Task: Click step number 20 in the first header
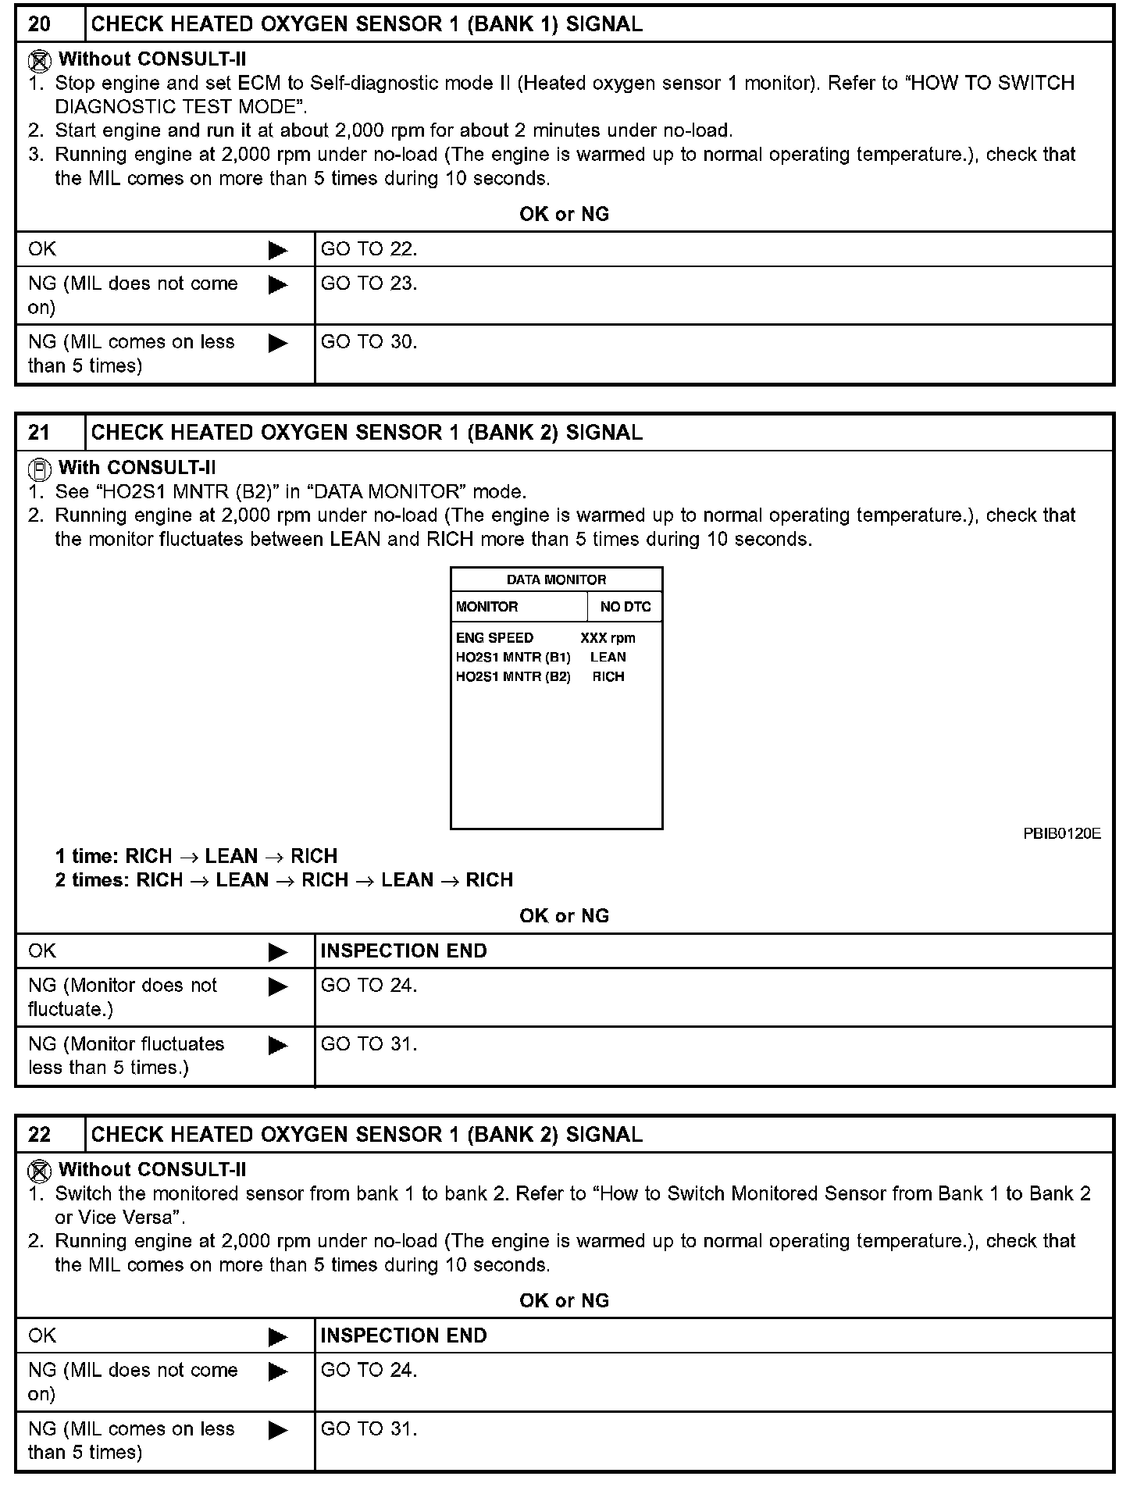coord(40,24)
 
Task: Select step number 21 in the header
coord(40,433)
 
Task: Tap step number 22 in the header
coord(40,1135)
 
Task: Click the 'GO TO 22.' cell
coord(369,249)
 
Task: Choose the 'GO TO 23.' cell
coord(369,283)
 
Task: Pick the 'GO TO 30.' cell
coord(369,342)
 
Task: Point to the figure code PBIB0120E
coord(1061,833)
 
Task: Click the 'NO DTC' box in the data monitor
coord(625,607)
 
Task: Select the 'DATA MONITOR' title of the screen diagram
coord(556,579)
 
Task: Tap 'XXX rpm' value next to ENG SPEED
coord(608,638)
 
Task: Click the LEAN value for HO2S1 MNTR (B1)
coord(608,658)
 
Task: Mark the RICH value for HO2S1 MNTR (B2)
coord(608,677)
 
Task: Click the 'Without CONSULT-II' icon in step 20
coord(40,60)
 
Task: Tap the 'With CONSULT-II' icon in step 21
coord(40,469)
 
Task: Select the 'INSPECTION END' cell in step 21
coord(404,951)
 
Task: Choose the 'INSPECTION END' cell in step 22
coord(404,1335)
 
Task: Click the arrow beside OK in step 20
coord(278,251)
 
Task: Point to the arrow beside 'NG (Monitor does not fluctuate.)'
coord(278,987)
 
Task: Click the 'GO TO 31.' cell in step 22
coord(369,1428)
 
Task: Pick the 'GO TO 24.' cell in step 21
coord(369,986)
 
